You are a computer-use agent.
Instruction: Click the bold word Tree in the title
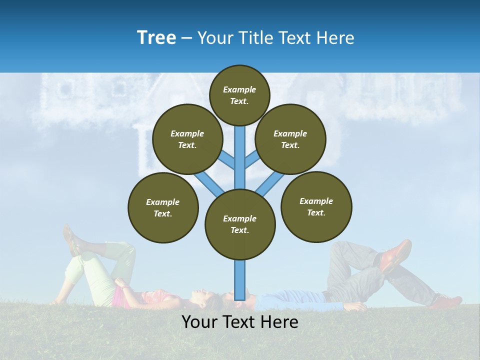click(x=156, y=38)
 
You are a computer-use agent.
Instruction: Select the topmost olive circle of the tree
click(x=239, y=95)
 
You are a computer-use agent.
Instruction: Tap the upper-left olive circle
click(x=187, y=139)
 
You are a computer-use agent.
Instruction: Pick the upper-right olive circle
click(x=290, y=139)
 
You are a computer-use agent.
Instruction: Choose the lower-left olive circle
click(x=163, y=207)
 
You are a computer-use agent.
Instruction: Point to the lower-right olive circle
click(x=316, y=206)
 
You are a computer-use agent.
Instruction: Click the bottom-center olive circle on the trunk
click(x=240, y=224)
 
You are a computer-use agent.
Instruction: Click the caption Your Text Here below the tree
click(x=239, y=322)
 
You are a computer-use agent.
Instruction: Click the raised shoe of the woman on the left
click(x=70, y=238)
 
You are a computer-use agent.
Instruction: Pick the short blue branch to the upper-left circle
click(x=227, y=160)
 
